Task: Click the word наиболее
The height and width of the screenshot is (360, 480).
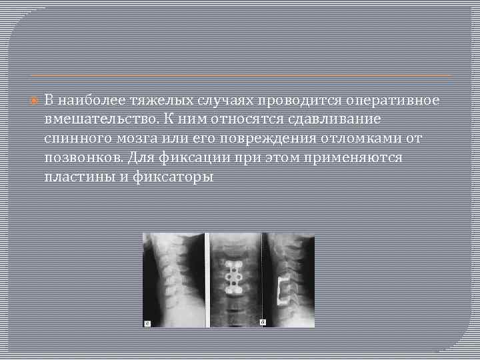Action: [88, 100]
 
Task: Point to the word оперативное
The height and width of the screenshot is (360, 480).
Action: [392, 100]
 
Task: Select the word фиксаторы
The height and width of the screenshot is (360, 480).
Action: [176, 177]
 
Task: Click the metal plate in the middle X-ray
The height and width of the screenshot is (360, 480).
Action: [234, 275]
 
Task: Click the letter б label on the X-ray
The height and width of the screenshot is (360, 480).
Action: [263, 322]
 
